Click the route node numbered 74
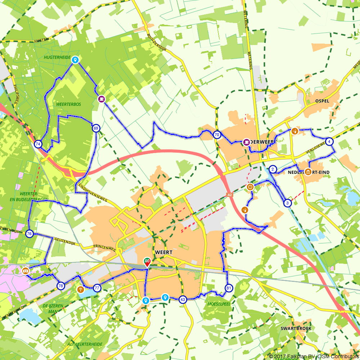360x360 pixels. click(38, 144)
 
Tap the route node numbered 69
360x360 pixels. click(96, 128)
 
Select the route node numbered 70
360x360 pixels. click(217, 135)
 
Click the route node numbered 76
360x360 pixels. click(29, 234)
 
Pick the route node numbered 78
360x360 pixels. click(60, 286)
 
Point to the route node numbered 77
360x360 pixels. click(97, 288)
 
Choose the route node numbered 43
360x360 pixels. click(183, 300)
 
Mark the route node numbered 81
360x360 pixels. click(229, 288)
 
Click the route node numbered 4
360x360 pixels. click(329, 141)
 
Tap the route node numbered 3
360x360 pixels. click(287, 203)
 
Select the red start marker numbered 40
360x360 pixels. click(147, 262)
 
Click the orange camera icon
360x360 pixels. click(25, 271)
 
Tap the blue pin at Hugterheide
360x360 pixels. click(75, 60)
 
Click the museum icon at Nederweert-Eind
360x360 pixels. click(308, 172)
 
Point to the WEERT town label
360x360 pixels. click(164, 252)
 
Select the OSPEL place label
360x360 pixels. click(322, 101)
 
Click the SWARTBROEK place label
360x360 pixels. click(296, 329)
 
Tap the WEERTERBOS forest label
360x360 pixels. click(68, 104)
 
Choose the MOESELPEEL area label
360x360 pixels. click(219, 304)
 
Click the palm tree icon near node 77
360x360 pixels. click(81, 289)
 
